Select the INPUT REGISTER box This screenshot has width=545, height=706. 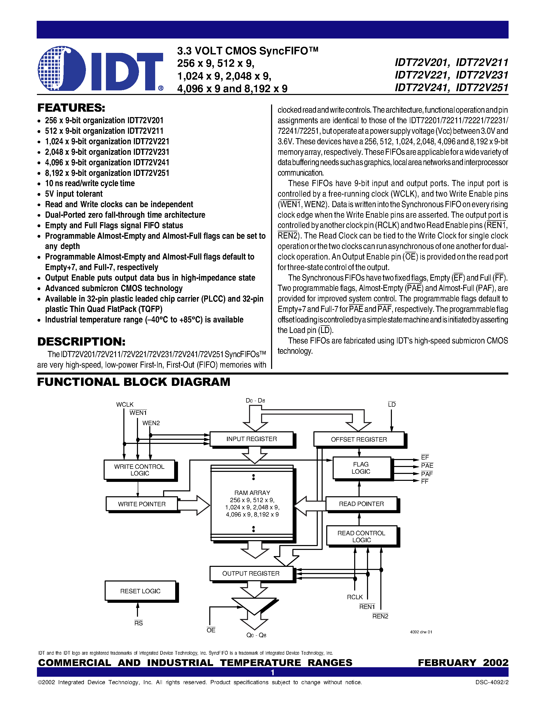coord(252,439)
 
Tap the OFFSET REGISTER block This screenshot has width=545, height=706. coord(359,439)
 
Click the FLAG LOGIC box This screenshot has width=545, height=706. coord(361,468)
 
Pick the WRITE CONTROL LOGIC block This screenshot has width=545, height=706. coord(140,470)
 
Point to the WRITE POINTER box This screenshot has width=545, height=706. coord(142,504)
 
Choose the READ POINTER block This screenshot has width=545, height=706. coord(361,504)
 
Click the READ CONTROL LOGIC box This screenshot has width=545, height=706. coord(361,536)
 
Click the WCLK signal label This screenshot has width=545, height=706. coord(125,404)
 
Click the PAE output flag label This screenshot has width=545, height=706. coord(427,465)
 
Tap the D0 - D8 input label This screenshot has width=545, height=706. coord(255,400)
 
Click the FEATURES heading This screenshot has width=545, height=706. coord(71,108)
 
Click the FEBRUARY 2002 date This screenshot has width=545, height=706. coord(463,662)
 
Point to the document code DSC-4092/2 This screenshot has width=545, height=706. coord(491,682)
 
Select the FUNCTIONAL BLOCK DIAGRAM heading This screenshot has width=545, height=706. coord(134,382)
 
